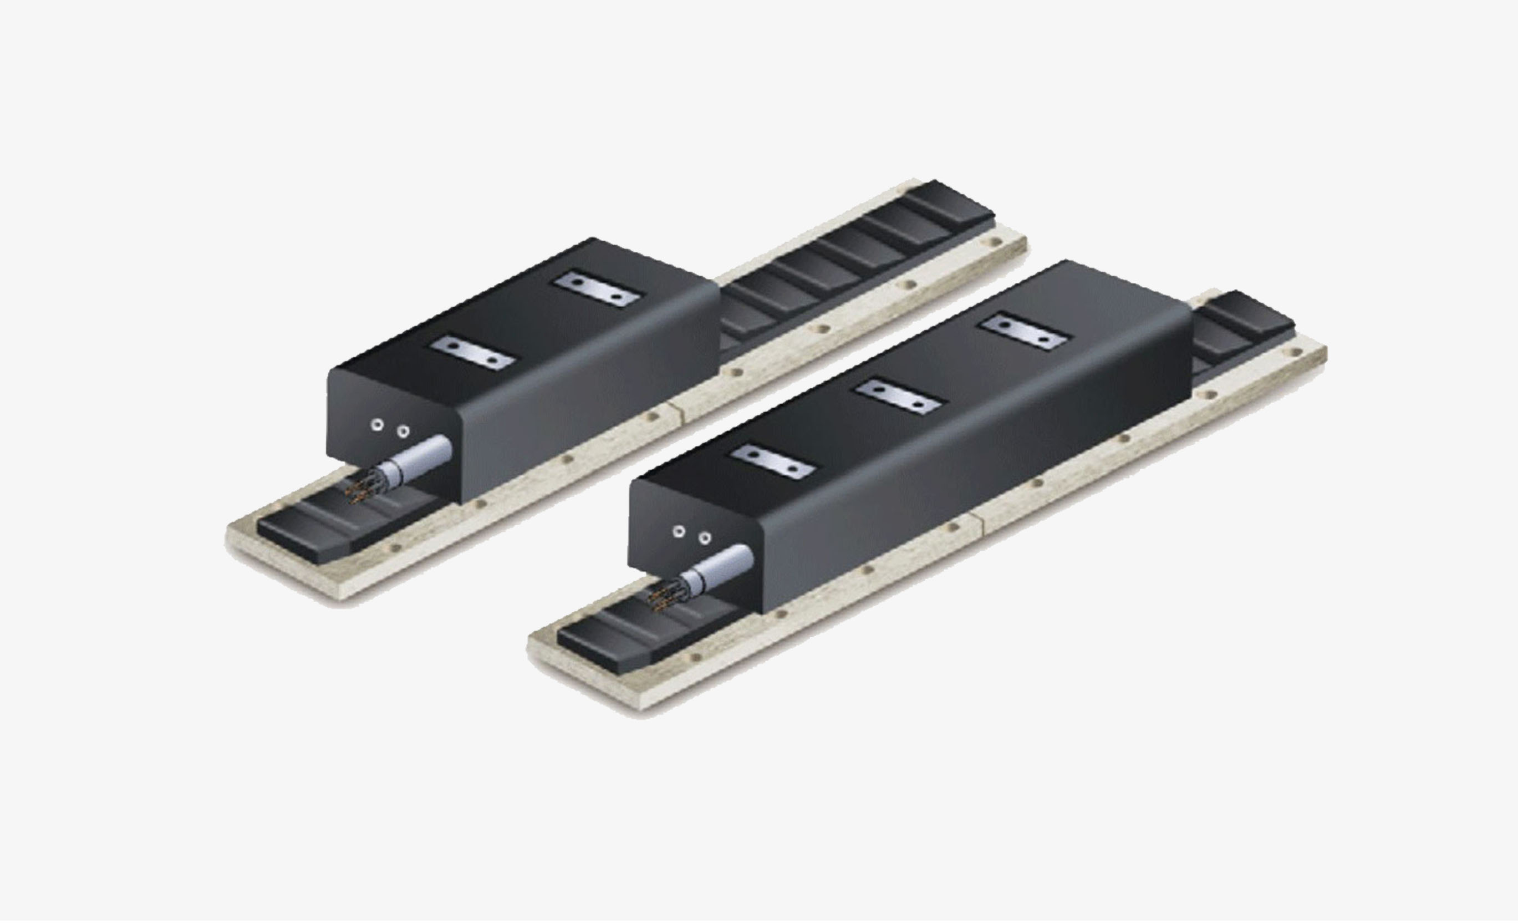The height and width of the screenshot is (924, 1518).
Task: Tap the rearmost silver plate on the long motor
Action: [x=1023, y=333]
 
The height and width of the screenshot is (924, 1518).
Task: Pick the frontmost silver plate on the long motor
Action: [x=772, y=461]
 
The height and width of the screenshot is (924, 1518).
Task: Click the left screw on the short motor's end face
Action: [x=378, y=425]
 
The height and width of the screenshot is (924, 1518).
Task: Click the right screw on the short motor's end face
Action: [x=403, y=431]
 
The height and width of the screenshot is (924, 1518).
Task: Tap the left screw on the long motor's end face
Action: [x=679, y=531]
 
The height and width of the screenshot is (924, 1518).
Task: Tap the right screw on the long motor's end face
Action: [x=705, y=538]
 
